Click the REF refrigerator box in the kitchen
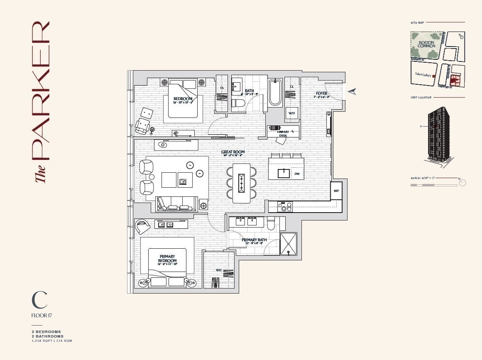336,191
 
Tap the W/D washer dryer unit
291,113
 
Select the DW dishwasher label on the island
297,174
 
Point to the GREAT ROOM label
233,152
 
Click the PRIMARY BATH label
254,240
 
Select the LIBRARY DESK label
283,134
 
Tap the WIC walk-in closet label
219,270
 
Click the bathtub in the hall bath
274,93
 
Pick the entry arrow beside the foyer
352,91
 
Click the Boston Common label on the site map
426,44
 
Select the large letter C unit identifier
39,300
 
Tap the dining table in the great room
241,183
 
